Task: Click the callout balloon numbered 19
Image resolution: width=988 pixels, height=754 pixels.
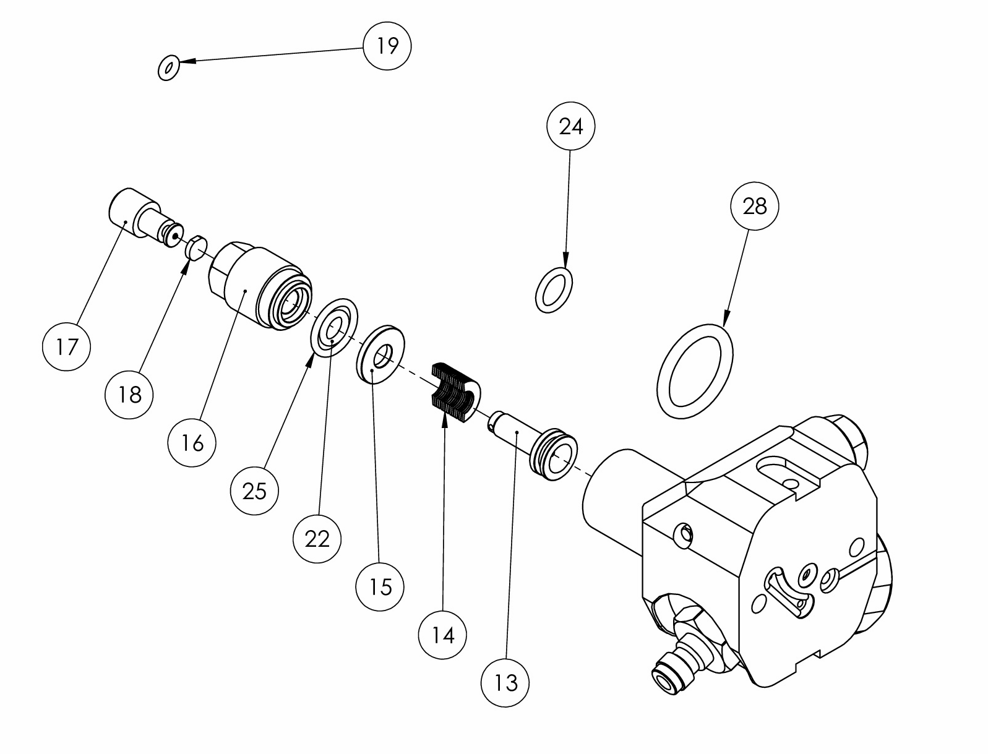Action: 387,46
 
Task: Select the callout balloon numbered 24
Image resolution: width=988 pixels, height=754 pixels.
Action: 571,126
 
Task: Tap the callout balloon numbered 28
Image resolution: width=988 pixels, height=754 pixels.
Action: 754,206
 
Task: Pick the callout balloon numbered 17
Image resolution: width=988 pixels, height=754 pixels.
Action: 66,347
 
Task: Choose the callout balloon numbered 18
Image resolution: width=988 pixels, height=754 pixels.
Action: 129,395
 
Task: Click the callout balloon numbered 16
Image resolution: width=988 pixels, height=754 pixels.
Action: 192,443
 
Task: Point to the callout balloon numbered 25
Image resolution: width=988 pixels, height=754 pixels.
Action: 254,491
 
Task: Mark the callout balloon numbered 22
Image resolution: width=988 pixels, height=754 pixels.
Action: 317,539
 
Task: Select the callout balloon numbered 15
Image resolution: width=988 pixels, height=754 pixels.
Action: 380,587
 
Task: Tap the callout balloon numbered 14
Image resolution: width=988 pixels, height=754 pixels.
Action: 442,635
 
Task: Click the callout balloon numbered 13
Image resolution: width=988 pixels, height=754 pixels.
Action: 505,683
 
